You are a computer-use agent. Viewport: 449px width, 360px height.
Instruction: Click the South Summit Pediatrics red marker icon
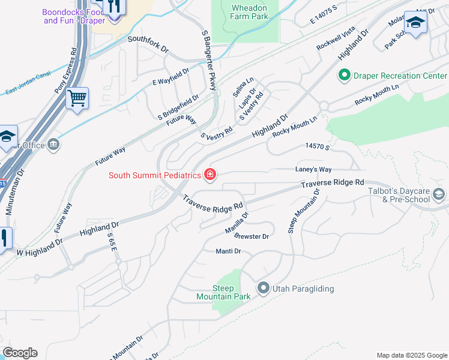(x=210, y=175)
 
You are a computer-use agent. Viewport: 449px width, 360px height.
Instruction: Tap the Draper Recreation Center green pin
(x=345, y=76)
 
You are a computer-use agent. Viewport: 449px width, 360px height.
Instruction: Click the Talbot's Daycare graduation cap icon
(x=439, y=194)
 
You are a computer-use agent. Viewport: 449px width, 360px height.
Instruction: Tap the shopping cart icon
(x=77, y=98)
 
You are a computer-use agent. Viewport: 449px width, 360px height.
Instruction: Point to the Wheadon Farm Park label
(x=249, y=13)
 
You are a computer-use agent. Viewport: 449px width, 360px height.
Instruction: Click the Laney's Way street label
(x=313, y=170)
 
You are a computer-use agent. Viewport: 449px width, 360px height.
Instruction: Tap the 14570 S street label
(x=318, y=146)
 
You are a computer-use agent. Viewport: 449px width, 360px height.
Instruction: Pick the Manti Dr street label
(x=228, y=251)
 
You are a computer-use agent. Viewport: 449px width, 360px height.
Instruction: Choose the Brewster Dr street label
(x=252, y=236)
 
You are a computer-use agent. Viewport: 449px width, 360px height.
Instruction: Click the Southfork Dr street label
(x=146, y=40)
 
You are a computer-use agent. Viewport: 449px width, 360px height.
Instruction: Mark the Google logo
(x=20, y=353)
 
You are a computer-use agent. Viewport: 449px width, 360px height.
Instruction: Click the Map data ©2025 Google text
(x=411, y=355)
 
